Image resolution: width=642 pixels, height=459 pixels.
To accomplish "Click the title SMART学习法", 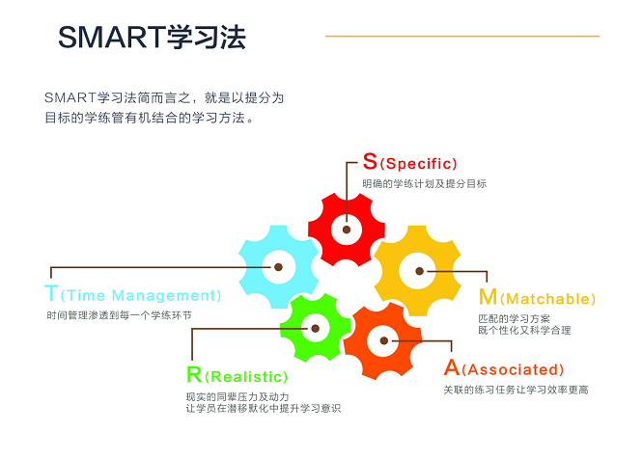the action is coord(152,38).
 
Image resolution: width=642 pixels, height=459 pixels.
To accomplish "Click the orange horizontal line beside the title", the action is coord(462,36).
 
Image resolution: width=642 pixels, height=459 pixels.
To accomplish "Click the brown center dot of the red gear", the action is coord(347,229).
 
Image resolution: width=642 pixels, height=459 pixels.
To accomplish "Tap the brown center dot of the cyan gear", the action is coord(278,267).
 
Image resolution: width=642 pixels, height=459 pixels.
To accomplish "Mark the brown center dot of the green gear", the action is coord(316,328).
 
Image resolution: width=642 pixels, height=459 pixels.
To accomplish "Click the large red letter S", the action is coord(370,161).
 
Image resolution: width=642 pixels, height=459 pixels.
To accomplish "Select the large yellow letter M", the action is coord(488,297).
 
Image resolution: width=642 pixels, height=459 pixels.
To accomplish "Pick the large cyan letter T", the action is coord(51,293).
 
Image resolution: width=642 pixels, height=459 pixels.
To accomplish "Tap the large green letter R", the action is coord(194,374).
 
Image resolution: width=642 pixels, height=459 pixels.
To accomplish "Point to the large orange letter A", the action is coord(452,367).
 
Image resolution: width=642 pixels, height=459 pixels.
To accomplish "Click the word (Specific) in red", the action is coord(418,164).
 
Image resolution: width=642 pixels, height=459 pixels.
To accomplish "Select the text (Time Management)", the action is coord(141,295).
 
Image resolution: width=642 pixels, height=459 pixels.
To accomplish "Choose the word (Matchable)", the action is coord(547,299).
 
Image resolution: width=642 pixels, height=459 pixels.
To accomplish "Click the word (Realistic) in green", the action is coord(246,377).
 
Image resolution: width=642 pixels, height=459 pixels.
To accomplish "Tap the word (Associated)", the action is coord(513,370).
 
